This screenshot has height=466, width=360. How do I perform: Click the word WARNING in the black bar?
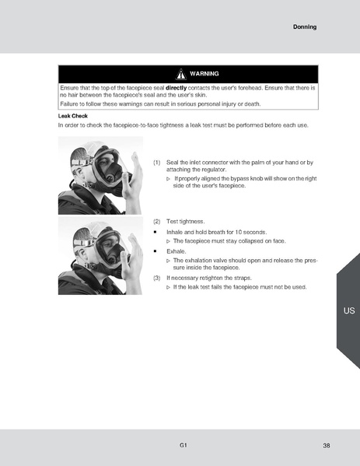(x=204, y=74)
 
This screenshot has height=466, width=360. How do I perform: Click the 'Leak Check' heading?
(x=73, y=115)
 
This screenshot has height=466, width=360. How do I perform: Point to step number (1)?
(x=156, y=163)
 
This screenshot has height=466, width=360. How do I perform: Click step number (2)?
(x=156, y=222)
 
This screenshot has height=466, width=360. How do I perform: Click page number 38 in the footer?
(x=327, y=446)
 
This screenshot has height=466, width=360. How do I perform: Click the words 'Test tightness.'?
(x=184, y=222)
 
